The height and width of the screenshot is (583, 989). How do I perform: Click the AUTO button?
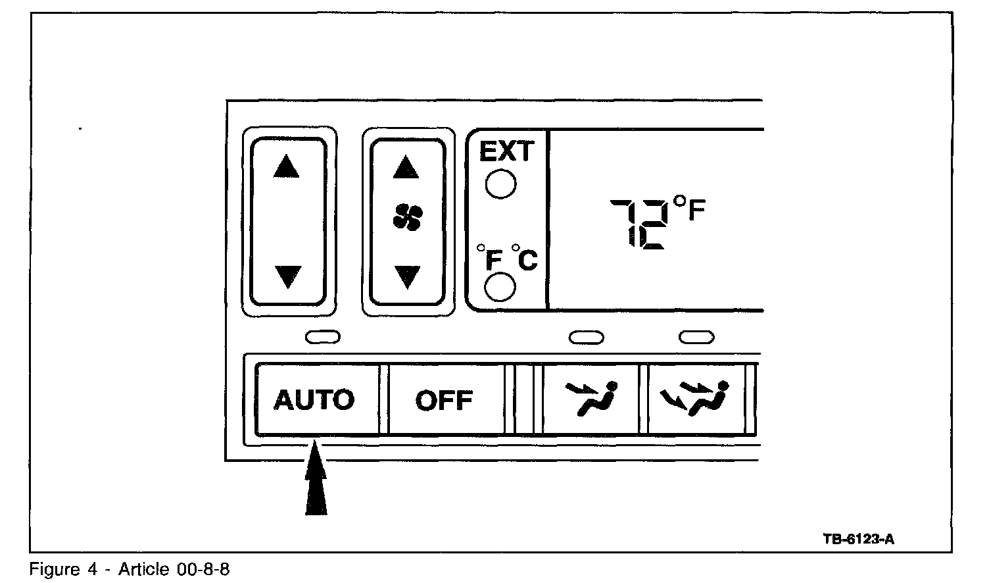314,399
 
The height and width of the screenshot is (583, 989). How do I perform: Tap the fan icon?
408,218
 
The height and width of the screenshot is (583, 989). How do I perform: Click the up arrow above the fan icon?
406,168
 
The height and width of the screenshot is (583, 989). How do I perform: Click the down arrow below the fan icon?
407,276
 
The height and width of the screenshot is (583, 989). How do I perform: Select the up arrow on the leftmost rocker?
286,167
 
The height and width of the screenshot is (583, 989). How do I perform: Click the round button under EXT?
500,184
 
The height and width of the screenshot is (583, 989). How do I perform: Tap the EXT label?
506,152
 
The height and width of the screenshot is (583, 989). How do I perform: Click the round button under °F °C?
500,287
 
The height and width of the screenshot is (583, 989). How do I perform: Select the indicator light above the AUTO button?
323,338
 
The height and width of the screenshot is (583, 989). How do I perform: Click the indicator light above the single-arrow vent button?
586,338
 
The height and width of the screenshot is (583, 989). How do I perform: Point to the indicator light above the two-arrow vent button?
696,338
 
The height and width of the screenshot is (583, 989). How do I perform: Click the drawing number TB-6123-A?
858,539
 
